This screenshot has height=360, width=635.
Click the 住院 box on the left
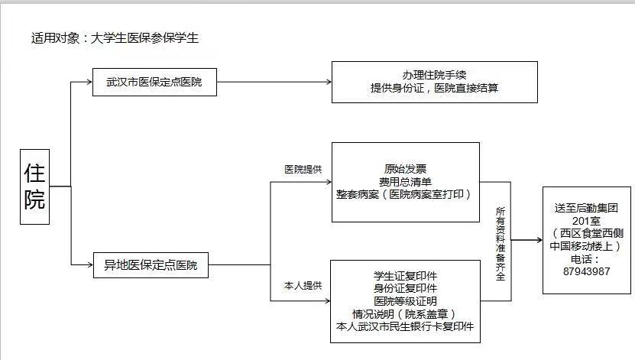(34, 186)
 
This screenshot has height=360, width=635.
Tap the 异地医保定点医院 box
(150, 265)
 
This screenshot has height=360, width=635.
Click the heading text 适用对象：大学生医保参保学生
(115, 37)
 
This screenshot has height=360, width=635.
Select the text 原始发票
(405, 169)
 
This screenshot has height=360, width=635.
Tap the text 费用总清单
(405, 181)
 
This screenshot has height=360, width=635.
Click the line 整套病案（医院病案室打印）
(405, 194)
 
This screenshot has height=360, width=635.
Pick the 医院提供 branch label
(303, 169)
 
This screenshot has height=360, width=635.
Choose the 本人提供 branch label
(303, 285)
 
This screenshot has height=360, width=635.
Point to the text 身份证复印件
(405, 288)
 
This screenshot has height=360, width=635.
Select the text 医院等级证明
(405, 301)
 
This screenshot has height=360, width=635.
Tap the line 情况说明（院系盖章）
(405, 313)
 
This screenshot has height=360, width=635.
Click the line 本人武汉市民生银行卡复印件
(405, 326)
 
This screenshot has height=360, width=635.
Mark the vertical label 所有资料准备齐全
(501, 242)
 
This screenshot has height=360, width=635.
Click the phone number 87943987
(586, 271)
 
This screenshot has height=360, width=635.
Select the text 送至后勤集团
(586, 208)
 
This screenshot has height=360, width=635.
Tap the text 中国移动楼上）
(586, 246)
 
